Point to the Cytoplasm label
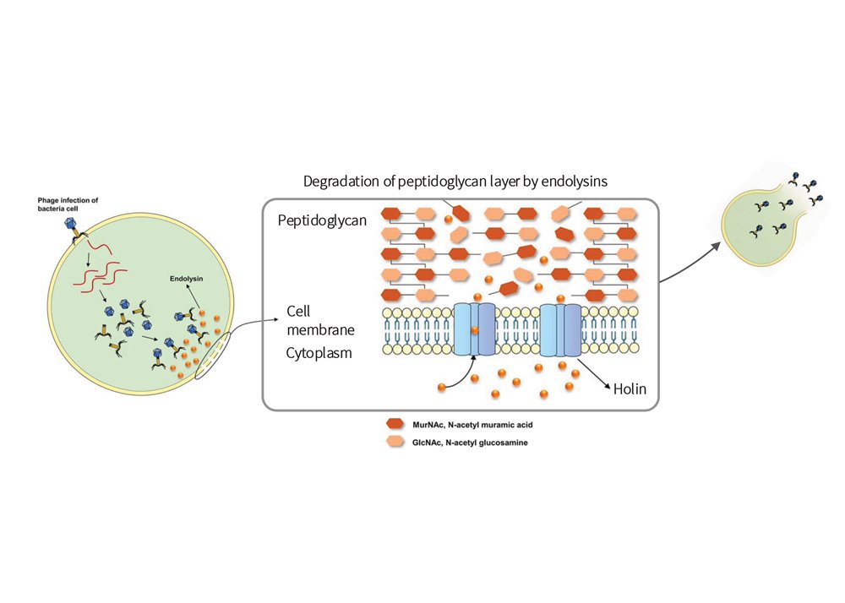(x=319, y=353)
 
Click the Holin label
(x=630, y=389)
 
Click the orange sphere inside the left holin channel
(x=473, y=331)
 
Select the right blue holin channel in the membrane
(x=560, y=329)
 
